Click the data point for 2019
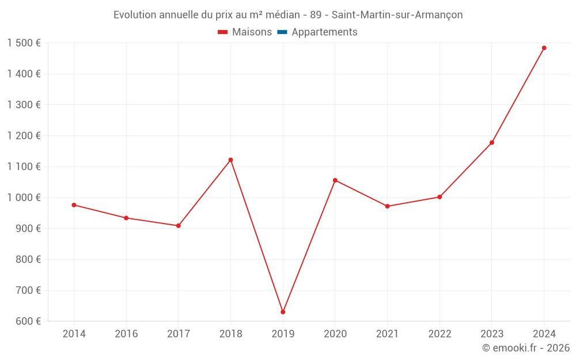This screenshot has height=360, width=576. pyautogui.click(x=283, y=312)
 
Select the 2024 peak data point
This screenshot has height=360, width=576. pyautogui.click(x=544, y=48)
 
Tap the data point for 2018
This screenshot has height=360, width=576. pyautogui.click(x=230, y=160)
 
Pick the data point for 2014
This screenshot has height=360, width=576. pyautogui.click(x=74, y=205)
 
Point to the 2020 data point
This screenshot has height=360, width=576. pyautogui.click(x=335, y=180)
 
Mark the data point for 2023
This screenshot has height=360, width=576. pyautogui.click(x=492, y=142)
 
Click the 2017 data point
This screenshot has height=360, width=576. pyautogui.click(x=179, y=226)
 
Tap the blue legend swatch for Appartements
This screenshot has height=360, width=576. pyautogui.click(x=282, y=32)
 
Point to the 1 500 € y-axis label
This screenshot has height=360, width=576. pyautogui.click(x=24, y=43)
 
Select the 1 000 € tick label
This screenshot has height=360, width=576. pyautogui.click(x=24, y=198)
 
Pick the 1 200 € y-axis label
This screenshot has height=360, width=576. pyautogui.click(x=24, y=136)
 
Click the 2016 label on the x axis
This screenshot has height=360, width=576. pyautogui.click(x=126, y=334)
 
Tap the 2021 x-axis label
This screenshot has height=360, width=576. pyautogui.click(x=387, y=334)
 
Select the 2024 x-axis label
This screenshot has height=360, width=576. pyautogui.click(x=544, y=334)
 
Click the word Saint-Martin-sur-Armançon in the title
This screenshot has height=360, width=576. pyautogui.click(x=397, y=15)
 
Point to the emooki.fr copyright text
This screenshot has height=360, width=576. pyautogui.click(x=526, y=348)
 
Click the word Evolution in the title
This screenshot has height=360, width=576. pyautogui.click(x=135, y=15)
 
